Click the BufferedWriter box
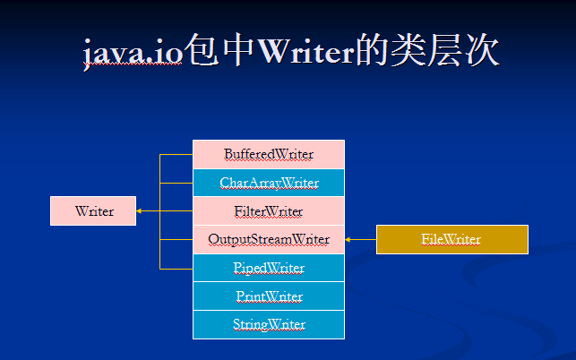[x=269, y=154]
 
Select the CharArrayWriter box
[x=269, y=183]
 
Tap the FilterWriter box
[x=269, y=211]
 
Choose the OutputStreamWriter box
[x=269, y=239]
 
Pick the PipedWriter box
[x=269, y=268]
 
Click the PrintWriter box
[x=269, y=296]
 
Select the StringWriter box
[x=269, y=325]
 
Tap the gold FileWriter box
[x=452, y=239]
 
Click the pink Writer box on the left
[x=93, y=210]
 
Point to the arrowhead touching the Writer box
[x=139, y=210]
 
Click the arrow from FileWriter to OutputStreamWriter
[x=361, y=239]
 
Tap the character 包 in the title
[x=202, y=50]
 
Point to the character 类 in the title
[x=408, y=50]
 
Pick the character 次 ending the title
[x=482, y=50]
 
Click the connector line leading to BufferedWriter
[x=176, y=155]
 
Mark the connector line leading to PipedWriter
[x=176, y=269]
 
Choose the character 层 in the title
[x=445, y=50]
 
